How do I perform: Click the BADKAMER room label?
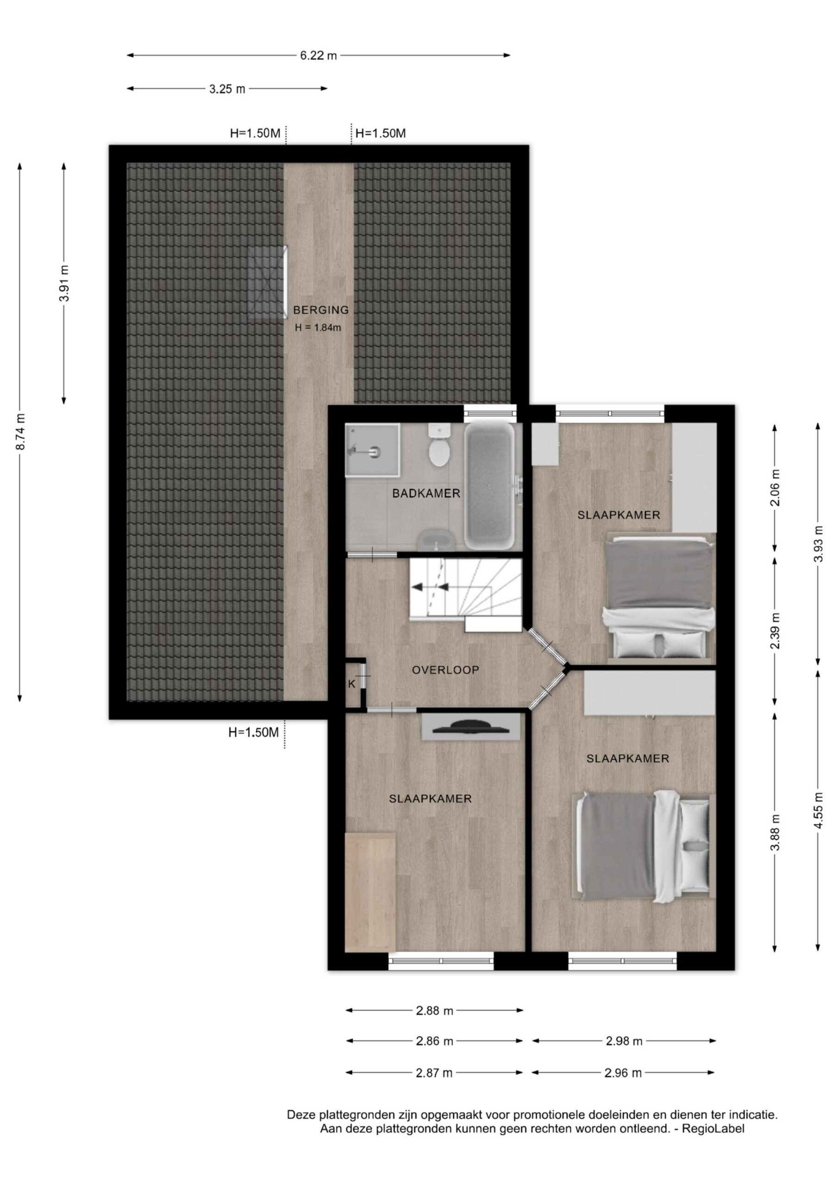426,493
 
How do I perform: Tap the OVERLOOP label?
445,670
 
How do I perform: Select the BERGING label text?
321,310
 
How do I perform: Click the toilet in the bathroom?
439,445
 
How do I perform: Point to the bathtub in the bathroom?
489,486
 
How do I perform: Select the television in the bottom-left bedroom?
470,727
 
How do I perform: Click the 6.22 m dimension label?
319,55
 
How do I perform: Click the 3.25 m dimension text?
227,89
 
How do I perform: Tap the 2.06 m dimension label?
775,488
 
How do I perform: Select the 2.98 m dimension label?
624,1041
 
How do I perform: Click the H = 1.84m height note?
318,328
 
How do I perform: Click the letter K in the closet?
351,684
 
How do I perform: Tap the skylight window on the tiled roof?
268,282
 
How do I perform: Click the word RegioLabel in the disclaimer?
713,1129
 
